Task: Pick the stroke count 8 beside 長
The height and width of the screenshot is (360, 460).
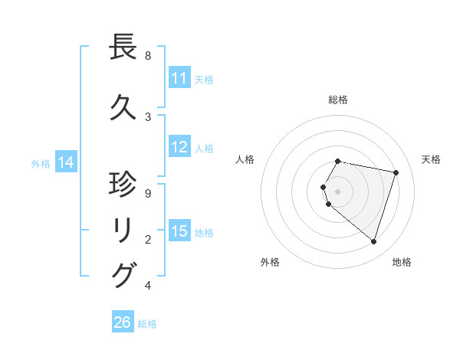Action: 148,56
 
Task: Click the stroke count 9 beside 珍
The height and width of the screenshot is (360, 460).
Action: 148,194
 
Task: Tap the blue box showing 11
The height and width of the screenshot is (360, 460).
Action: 179,78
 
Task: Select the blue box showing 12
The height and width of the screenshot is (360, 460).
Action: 179,147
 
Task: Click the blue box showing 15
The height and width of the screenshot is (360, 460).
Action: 179,231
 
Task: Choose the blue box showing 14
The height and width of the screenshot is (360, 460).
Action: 66,162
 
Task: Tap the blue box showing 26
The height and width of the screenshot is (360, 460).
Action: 123,322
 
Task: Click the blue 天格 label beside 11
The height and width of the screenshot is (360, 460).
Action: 204,79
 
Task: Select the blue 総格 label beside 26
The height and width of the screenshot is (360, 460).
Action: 147,323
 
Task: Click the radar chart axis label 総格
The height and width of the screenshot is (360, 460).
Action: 338,100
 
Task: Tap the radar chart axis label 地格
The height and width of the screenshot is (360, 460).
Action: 402,262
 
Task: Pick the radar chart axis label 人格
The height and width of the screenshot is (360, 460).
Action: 245,159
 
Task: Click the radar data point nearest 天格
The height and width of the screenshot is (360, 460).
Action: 396,173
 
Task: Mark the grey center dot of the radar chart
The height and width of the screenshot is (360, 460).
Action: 338,191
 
